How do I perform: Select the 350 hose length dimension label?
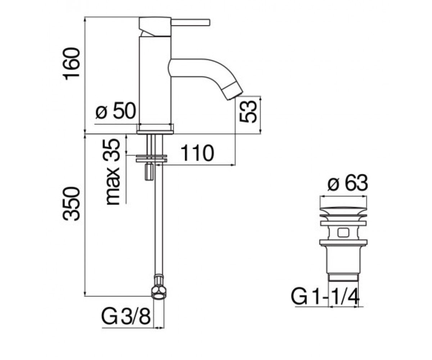pos(71,204)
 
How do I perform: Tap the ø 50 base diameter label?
pos(116,111)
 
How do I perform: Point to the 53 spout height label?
pos(248,112)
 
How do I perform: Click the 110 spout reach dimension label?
pos(197,153)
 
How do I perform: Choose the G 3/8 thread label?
pos(126,316)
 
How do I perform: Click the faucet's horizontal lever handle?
pos(190,22)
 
